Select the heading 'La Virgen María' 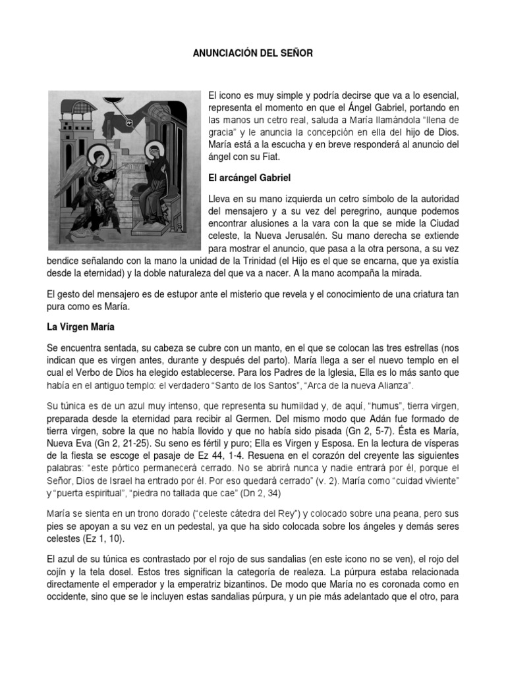78,326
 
